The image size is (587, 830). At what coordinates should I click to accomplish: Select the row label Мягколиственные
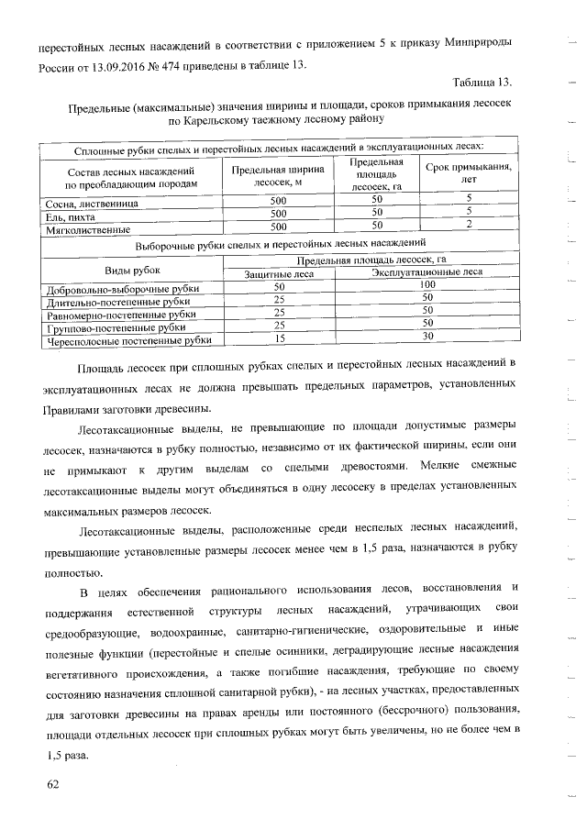[88, 229]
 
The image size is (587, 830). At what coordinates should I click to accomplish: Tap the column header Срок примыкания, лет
[470, 175]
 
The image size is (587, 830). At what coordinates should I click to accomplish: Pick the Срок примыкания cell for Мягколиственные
[470, 226]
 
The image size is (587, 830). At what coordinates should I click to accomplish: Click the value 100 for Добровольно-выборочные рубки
[426, 286]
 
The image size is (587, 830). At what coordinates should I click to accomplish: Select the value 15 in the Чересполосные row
[280, 338]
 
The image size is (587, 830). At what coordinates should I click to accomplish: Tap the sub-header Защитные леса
[280, 273]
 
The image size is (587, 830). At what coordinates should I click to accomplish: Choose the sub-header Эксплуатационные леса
[426, 273]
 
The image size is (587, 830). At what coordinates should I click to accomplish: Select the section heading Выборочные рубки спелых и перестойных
[280, 245]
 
